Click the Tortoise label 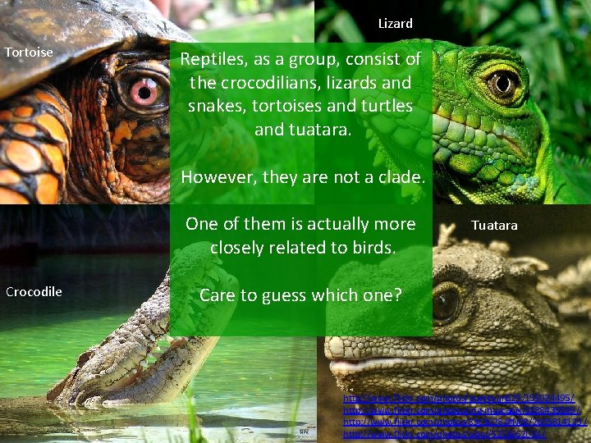29,53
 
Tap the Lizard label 395,24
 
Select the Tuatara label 494,225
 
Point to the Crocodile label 34,291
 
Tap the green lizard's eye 501,83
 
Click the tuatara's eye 446,303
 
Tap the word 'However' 214,177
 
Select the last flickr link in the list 443,434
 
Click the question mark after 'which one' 398,295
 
